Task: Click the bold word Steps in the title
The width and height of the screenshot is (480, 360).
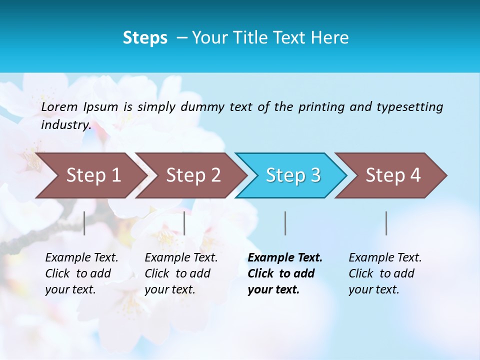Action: click(145, 38)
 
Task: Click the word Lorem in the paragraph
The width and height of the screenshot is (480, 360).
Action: click(59, 106)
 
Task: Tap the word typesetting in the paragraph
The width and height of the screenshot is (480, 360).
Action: click(409, 106)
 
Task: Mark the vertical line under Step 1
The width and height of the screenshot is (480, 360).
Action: click(84, 223)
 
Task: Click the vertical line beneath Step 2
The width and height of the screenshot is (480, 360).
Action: click(184, 223)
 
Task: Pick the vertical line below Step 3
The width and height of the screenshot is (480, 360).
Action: click(285, 223)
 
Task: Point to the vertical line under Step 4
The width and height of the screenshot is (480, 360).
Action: click(386, 223)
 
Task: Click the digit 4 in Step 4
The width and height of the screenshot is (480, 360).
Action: click(415, 175)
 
